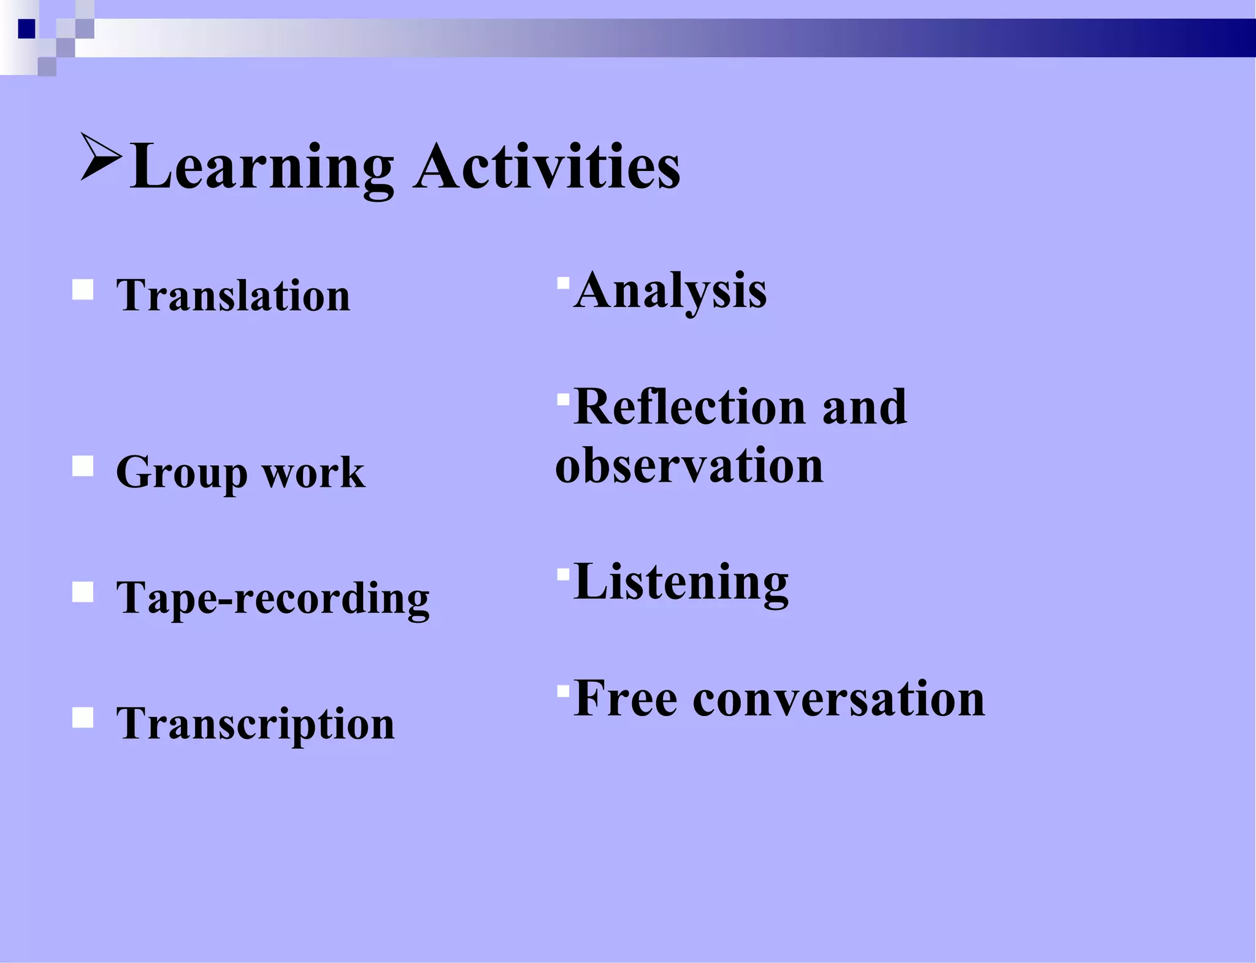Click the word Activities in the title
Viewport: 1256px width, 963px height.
tap(546, 167)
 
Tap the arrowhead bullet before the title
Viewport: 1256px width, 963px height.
tap(100, 158)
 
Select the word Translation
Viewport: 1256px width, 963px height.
tap(233, 295)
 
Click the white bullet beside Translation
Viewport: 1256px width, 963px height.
tap(83, 289)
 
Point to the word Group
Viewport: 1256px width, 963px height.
tap(182, 473)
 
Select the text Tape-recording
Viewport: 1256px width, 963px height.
tap(273, 599)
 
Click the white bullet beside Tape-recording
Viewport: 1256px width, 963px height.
tap(83, 592)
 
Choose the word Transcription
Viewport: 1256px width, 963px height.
tap(255, 724)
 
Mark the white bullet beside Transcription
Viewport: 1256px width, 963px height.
tap(83, 717)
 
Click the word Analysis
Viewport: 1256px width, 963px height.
tap(670, 291)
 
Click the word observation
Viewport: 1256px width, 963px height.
tap(689, 466)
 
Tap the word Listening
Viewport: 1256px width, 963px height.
tap(681, 582)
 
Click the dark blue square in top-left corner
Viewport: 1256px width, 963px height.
tap(26, 29)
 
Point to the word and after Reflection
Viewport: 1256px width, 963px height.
tap(864, 407)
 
